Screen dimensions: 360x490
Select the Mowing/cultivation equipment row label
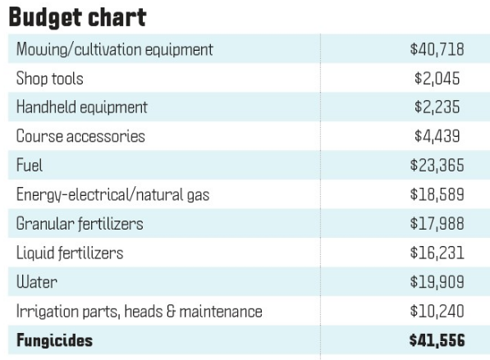pos(114,49)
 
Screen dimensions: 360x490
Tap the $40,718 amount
pos(437,49)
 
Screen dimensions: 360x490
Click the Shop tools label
pos(49,79)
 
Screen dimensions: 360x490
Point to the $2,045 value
pos(437,79)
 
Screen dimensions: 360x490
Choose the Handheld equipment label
pos(81,107)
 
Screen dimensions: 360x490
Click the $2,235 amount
pos(437,107)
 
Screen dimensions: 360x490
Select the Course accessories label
pos(80,136)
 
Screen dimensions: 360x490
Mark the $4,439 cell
pos(437,136)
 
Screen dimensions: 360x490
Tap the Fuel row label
pos(30,166)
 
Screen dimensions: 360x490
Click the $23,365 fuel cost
pos(437,166)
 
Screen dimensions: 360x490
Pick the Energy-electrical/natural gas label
pos(112,194)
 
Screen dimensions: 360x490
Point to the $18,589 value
pos(437,194)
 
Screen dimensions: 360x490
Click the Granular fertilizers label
pos(79,224)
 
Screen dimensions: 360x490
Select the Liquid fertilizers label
pos(70,253)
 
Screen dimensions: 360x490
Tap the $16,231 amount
pos(437,253)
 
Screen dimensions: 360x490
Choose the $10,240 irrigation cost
pos(437,311)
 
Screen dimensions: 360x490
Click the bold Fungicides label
pos(54,339)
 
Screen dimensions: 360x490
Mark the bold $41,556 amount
pos(437,339)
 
